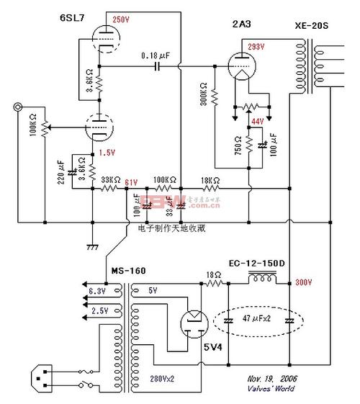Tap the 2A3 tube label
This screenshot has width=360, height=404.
pos(242,24)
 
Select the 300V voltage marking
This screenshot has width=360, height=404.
pos(305,284)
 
